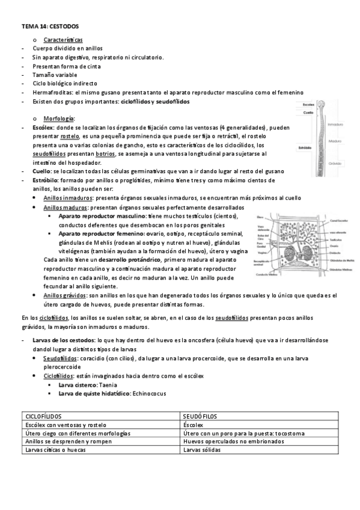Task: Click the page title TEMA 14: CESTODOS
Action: pyautogui.click(x=50, y=27)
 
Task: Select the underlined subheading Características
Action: pyautogui.click(x=67, y=39)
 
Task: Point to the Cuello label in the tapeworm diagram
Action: pyautogui.click(x=308, y=112)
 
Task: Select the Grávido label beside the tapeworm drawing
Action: pyautogui.click(x=336, y=163)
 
